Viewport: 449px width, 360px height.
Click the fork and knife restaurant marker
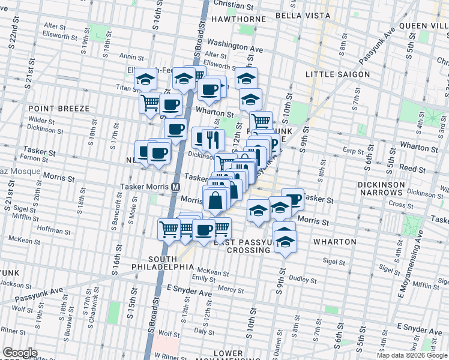click(x=213, y=140)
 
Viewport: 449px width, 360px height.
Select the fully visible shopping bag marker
click(x=215, y=200)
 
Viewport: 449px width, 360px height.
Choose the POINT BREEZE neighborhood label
click(x=58, y=109)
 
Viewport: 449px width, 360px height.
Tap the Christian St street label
click(x=233, y=5)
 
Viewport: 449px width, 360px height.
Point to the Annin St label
click(x=130, y=56)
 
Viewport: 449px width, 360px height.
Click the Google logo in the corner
click(x=20, y=353)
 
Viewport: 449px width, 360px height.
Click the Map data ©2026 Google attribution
click(x=412, y=355)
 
